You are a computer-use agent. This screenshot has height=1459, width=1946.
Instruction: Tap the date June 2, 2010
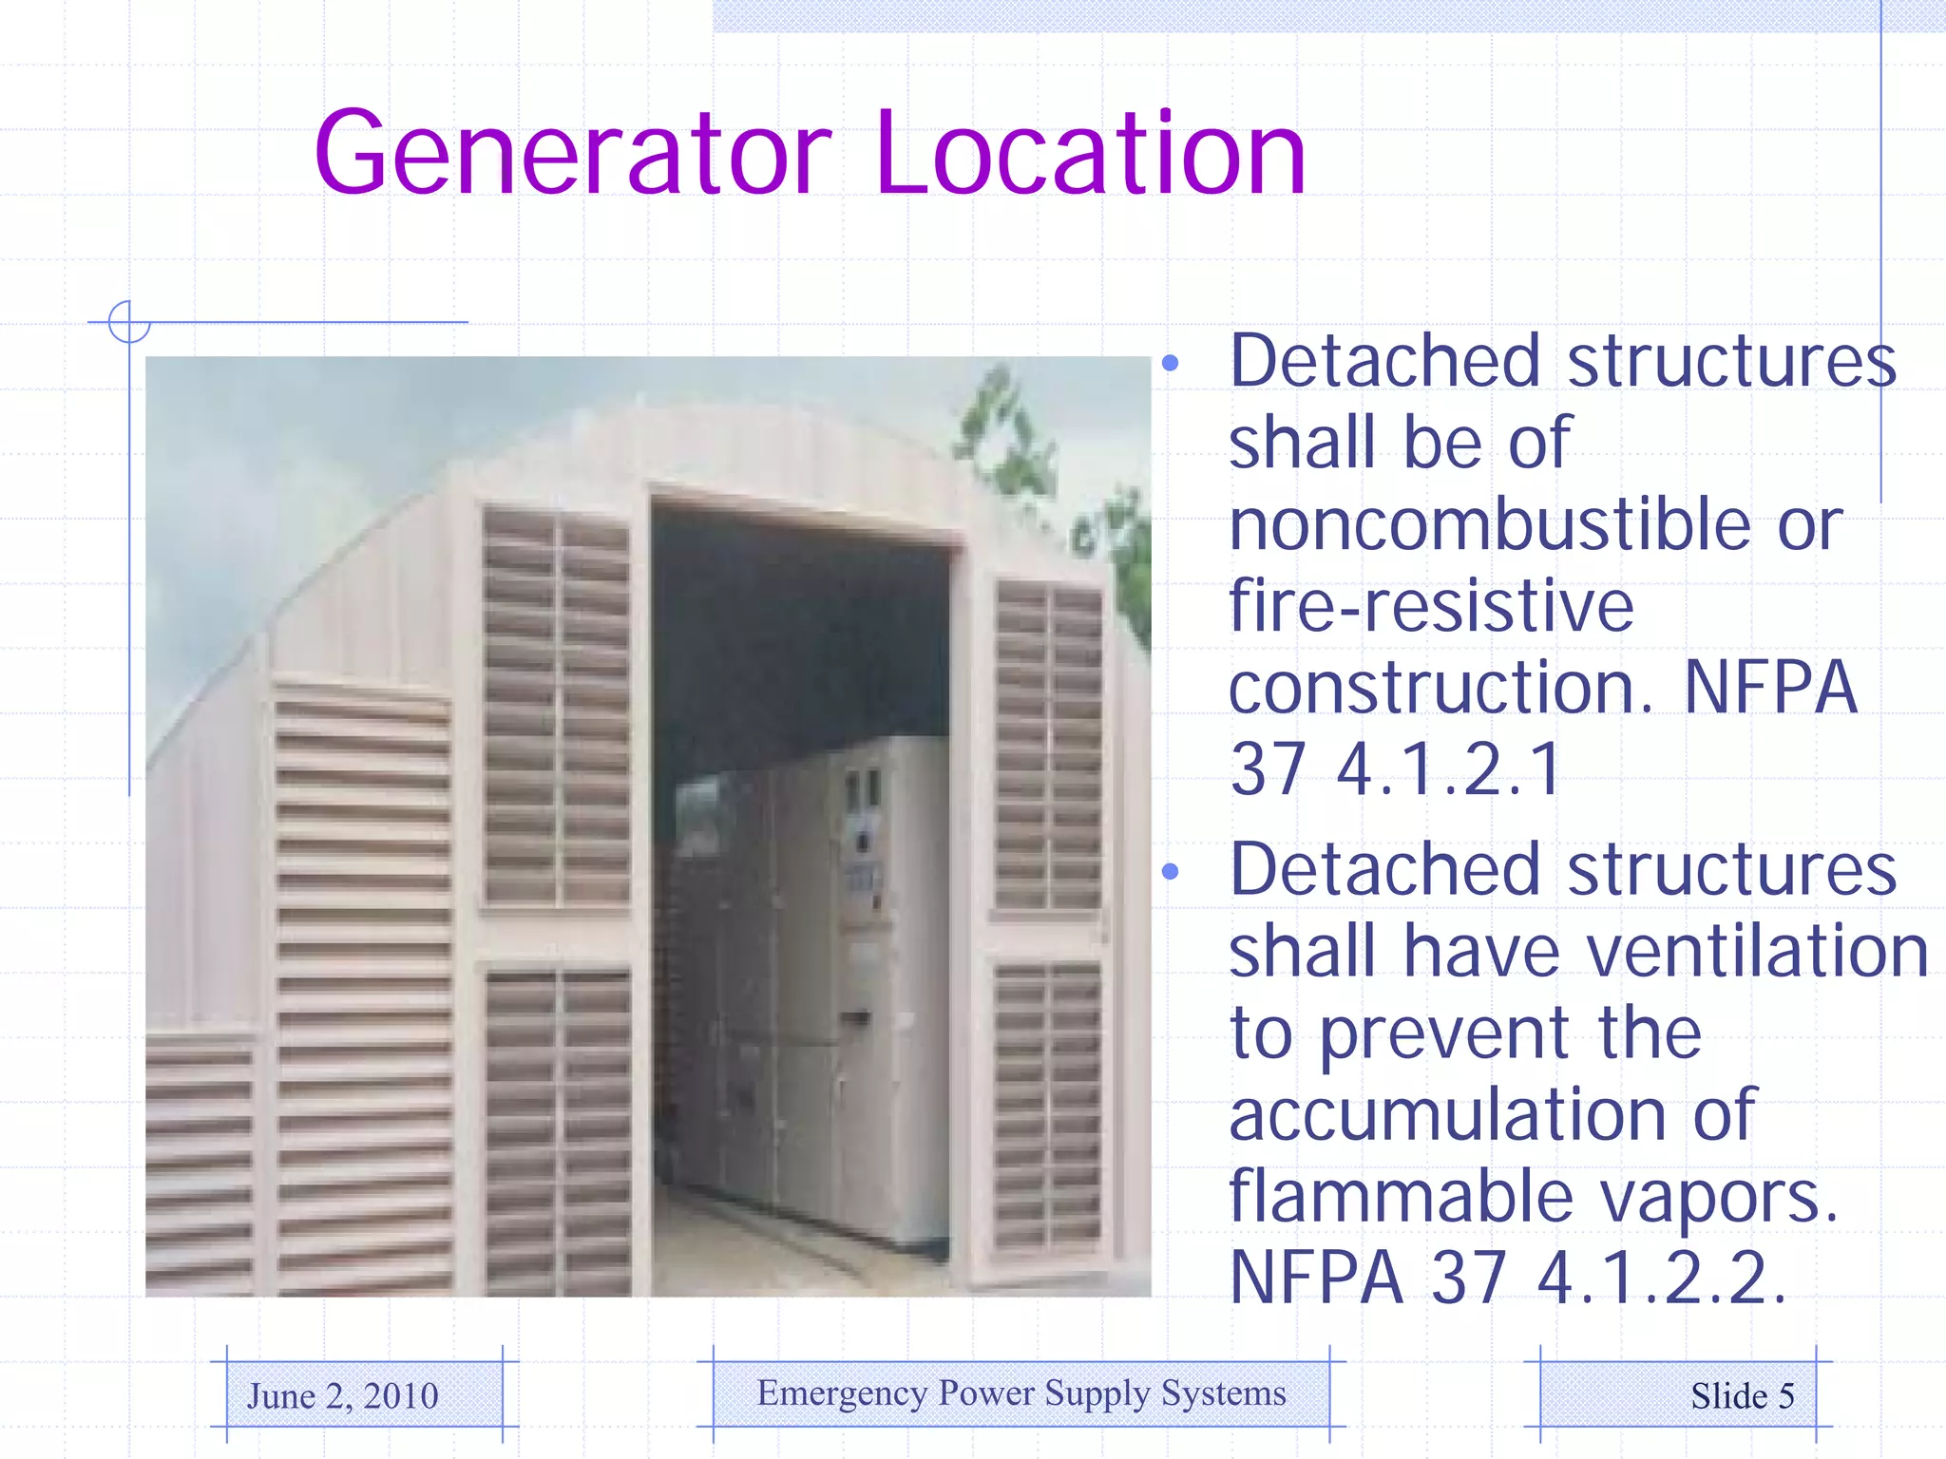pos(343,1395)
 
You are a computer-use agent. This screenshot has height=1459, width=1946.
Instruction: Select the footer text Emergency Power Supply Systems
pos(1021,1393)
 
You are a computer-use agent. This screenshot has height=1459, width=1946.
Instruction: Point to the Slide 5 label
pos(1742,1395)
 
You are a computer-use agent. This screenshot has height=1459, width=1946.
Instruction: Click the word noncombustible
pos(1490,524)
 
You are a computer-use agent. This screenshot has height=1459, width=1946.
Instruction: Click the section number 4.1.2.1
pos(1448,768)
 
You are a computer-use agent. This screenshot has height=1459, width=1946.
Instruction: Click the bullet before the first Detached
pos(1170,363)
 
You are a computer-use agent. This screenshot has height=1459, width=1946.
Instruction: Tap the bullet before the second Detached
pos(1170,871)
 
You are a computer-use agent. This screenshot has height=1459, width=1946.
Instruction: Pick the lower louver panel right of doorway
pos(1047,1102)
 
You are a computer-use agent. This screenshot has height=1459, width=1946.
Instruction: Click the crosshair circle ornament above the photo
pos(129,322)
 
